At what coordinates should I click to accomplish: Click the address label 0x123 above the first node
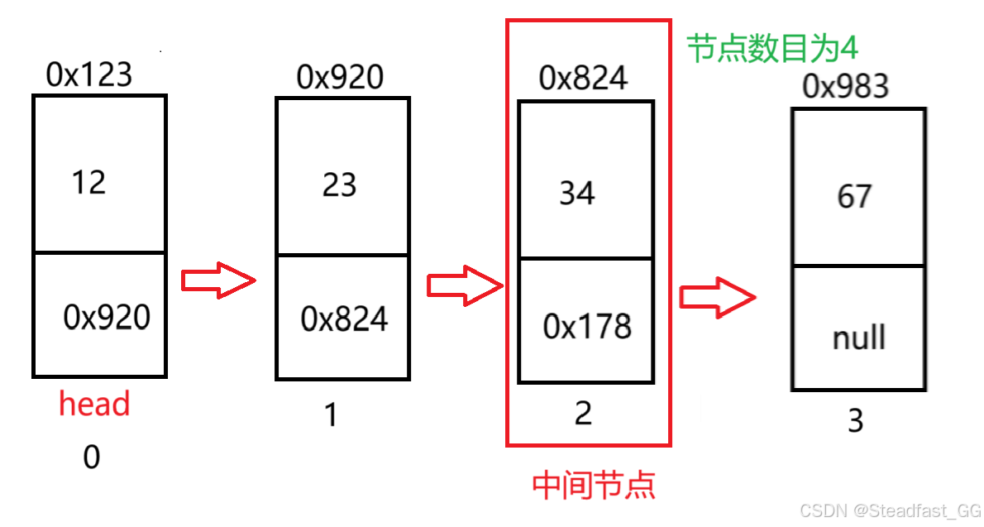click(89, 75)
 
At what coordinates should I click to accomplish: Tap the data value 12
click(88, 182)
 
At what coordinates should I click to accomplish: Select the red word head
click(94, 405)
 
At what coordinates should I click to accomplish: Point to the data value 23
click(339, 184)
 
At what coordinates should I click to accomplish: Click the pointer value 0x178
click(587, 328)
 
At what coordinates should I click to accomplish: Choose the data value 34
click(577, 194)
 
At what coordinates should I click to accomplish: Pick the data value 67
click(854, 197)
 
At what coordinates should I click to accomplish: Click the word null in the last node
click(859, 338)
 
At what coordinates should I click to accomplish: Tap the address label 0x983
click(846, 87)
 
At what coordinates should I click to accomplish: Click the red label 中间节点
click(594, 486)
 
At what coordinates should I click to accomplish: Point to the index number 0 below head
click(92, 458)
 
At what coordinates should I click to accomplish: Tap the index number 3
click(856, 421)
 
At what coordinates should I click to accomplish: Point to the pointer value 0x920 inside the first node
click(107, 317)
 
